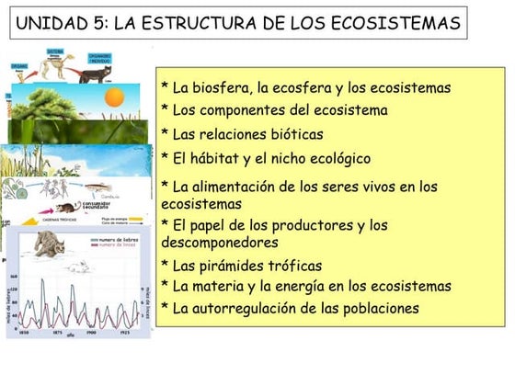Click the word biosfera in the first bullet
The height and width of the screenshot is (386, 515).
click(223, 88)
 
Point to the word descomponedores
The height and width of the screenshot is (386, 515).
click(219, 243)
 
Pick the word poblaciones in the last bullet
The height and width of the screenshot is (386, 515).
click(376, 308)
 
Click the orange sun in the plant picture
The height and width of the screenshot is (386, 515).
click(114, 98)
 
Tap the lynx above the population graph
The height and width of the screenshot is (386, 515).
click(46, 244)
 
